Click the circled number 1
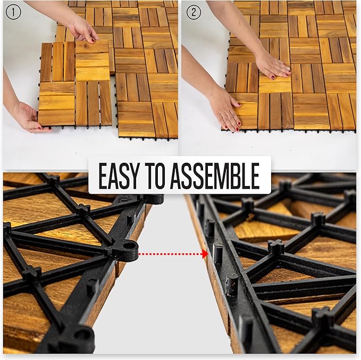[x=13, y=12]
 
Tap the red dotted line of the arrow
[x=170, y=254]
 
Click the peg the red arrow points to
[x=217, y=253]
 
